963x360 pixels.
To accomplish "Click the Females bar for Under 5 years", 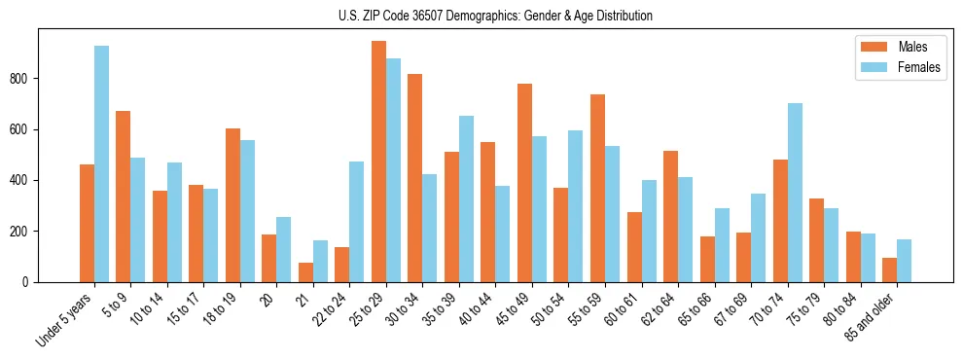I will click(x=101, y=163).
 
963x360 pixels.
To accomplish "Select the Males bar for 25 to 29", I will click(x=378, y=162).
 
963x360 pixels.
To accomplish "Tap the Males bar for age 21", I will click(x=305, y=272).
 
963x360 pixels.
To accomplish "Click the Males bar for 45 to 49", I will click(x=524, y=183).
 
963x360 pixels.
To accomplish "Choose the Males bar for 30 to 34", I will click(x=415, y=178).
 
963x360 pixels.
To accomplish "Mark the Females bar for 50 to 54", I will click(x=576, y=206).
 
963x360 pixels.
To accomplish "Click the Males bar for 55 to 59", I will click(x=597, y=188).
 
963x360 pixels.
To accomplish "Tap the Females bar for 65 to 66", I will click(x=722, y=245).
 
